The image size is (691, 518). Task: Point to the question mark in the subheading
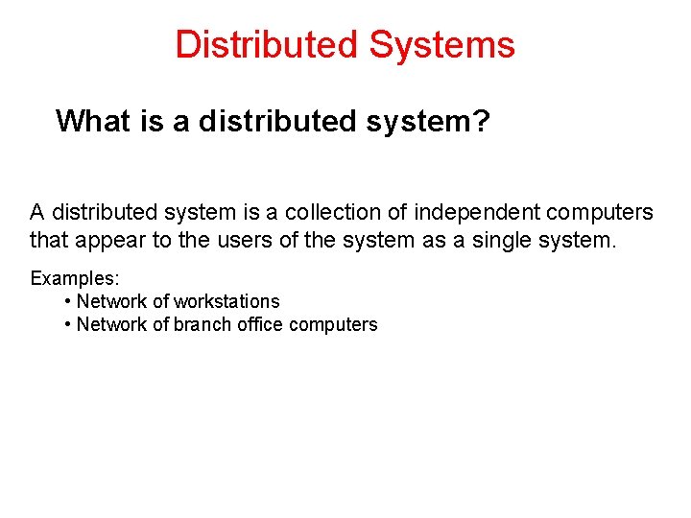[x=480, y=121]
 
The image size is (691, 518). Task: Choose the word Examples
[x=73, y=278]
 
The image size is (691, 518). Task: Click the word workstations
[x=226, y=301]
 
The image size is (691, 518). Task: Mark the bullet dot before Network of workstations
[x=67, y=301]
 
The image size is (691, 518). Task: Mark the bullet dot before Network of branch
[x=67, y=324]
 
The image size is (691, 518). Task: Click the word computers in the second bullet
[x=333, y=324]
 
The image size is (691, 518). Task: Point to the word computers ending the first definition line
[x=600, y=211]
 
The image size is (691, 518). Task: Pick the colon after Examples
[x=117, y=279]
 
